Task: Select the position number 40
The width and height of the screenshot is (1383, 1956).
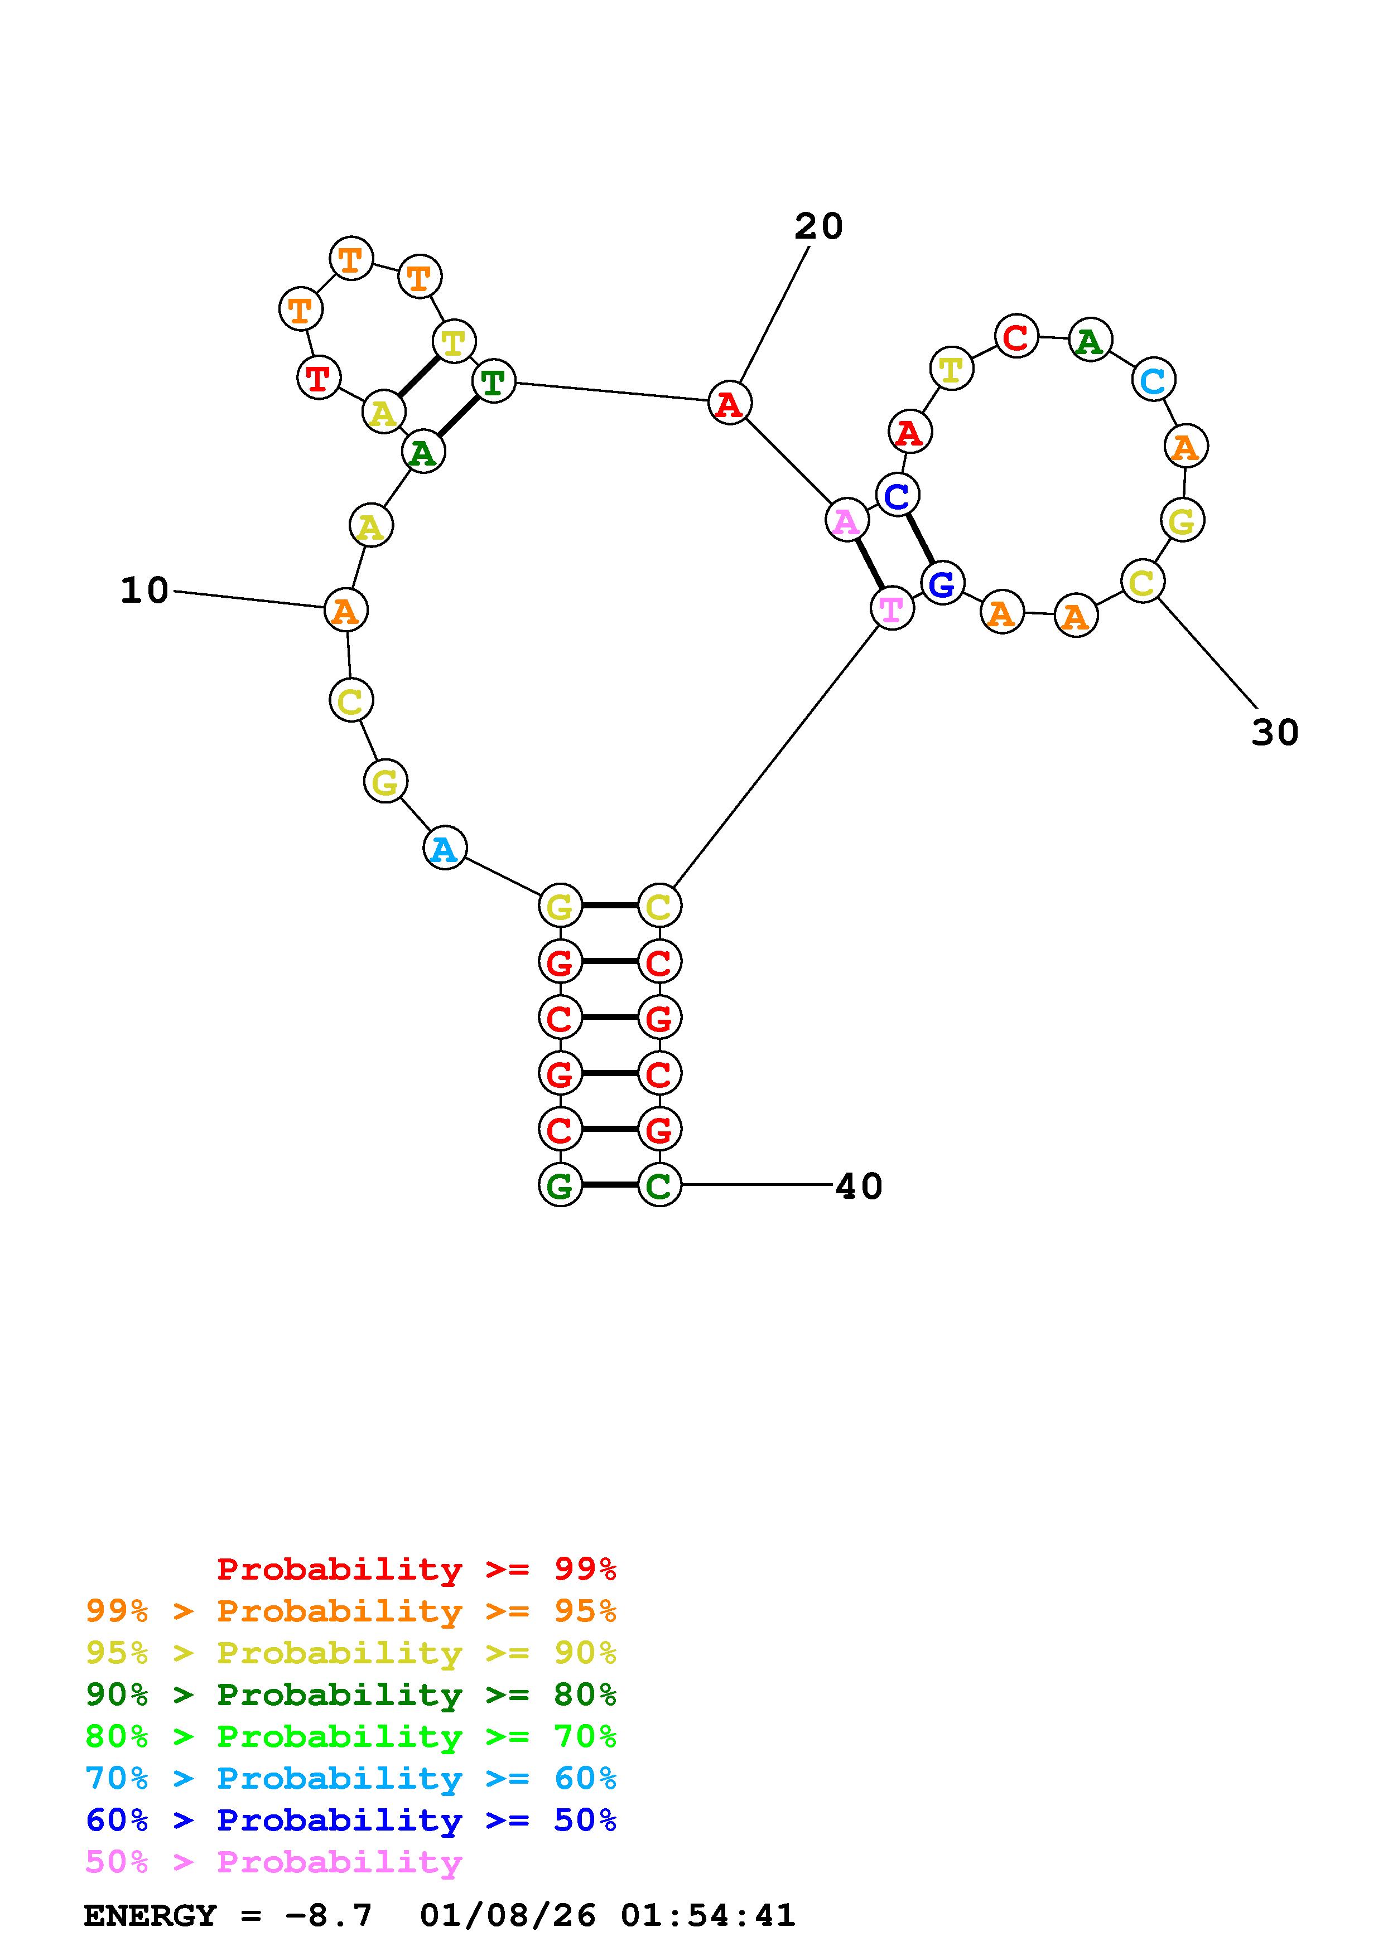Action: click(859, 1186)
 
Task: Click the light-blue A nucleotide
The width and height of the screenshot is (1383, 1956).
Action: click(445, 849)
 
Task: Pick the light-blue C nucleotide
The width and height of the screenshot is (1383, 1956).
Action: click(1153, 380)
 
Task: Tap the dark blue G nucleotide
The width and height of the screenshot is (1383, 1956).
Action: click(942, 584)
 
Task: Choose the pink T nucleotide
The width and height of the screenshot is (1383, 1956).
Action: click(892, 608)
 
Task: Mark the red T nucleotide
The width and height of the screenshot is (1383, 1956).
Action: click(319, 377)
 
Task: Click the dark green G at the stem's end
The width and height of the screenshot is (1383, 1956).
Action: click(560, 1185)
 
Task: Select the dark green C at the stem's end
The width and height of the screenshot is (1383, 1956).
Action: click(659, 1185)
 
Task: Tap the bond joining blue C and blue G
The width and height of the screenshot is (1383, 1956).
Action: click(919, 539)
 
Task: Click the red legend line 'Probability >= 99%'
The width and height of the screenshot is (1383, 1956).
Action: click(417, 1568)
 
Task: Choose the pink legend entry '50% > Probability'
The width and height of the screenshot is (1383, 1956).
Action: click(273, 1861)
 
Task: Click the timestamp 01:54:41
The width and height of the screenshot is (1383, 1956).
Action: click(708, 1915)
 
